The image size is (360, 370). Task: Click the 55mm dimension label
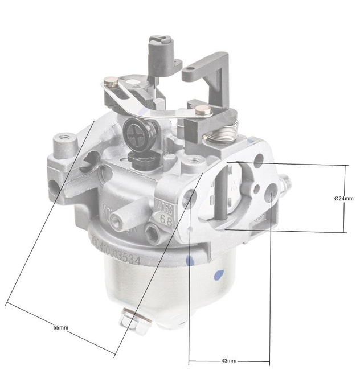[x=60, y=328]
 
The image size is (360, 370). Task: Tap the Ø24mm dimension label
[x=343, y=198]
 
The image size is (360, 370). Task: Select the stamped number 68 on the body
[x=166, y=217]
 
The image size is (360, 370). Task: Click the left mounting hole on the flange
[x=190, y=197]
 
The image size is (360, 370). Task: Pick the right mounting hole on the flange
[x=270, y=197]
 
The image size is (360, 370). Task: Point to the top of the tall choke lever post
[x=159, y=42]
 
